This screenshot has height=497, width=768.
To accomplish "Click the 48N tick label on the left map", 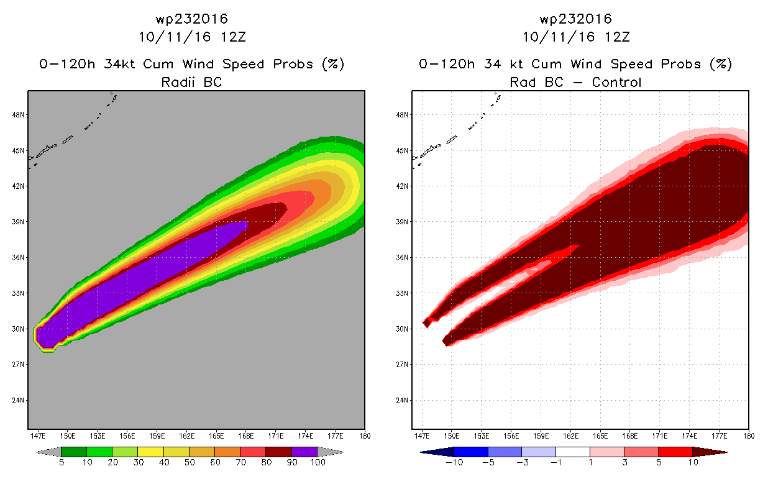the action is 18,114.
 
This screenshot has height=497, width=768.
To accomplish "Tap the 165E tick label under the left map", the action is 216,436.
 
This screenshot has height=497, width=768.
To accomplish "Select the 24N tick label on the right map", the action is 402,400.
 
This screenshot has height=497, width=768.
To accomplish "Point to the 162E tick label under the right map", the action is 571,436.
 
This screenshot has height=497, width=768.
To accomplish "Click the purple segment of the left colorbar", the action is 304,452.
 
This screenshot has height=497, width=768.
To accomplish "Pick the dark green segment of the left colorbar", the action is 74,452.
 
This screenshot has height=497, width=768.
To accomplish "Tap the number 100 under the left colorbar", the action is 318,462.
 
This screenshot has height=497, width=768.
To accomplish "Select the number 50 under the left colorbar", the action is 190,462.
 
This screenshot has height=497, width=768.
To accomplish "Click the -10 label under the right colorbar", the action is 454,462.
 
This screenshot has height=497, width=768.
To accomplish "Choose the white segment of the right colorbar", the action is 573,452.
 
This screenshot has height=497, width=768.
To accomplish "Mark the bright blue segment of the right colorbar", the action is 471,452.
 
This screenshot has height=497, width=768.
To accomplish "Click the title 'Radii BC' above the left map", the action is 191,82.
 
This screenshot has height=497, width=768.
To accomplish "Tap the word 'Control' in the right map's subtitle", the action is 616,82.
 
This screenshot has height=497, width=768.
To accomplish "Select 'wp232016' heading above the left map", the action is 192,19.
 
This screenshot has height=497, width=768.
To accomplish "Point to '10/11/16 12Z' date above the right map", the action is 576,37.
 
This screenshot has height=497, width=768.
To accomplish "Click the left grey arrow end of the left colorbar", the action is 48,452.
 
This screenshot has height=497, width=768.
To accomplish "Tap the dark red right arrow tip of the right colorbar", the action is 726,452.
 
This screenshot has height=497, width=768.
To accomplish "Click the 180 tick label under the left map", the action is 365,436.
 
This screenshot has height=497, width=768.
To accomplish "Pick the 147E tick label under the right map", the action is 422,436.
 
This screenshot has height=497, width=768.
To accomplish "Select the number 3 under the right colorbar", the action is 624,462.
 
